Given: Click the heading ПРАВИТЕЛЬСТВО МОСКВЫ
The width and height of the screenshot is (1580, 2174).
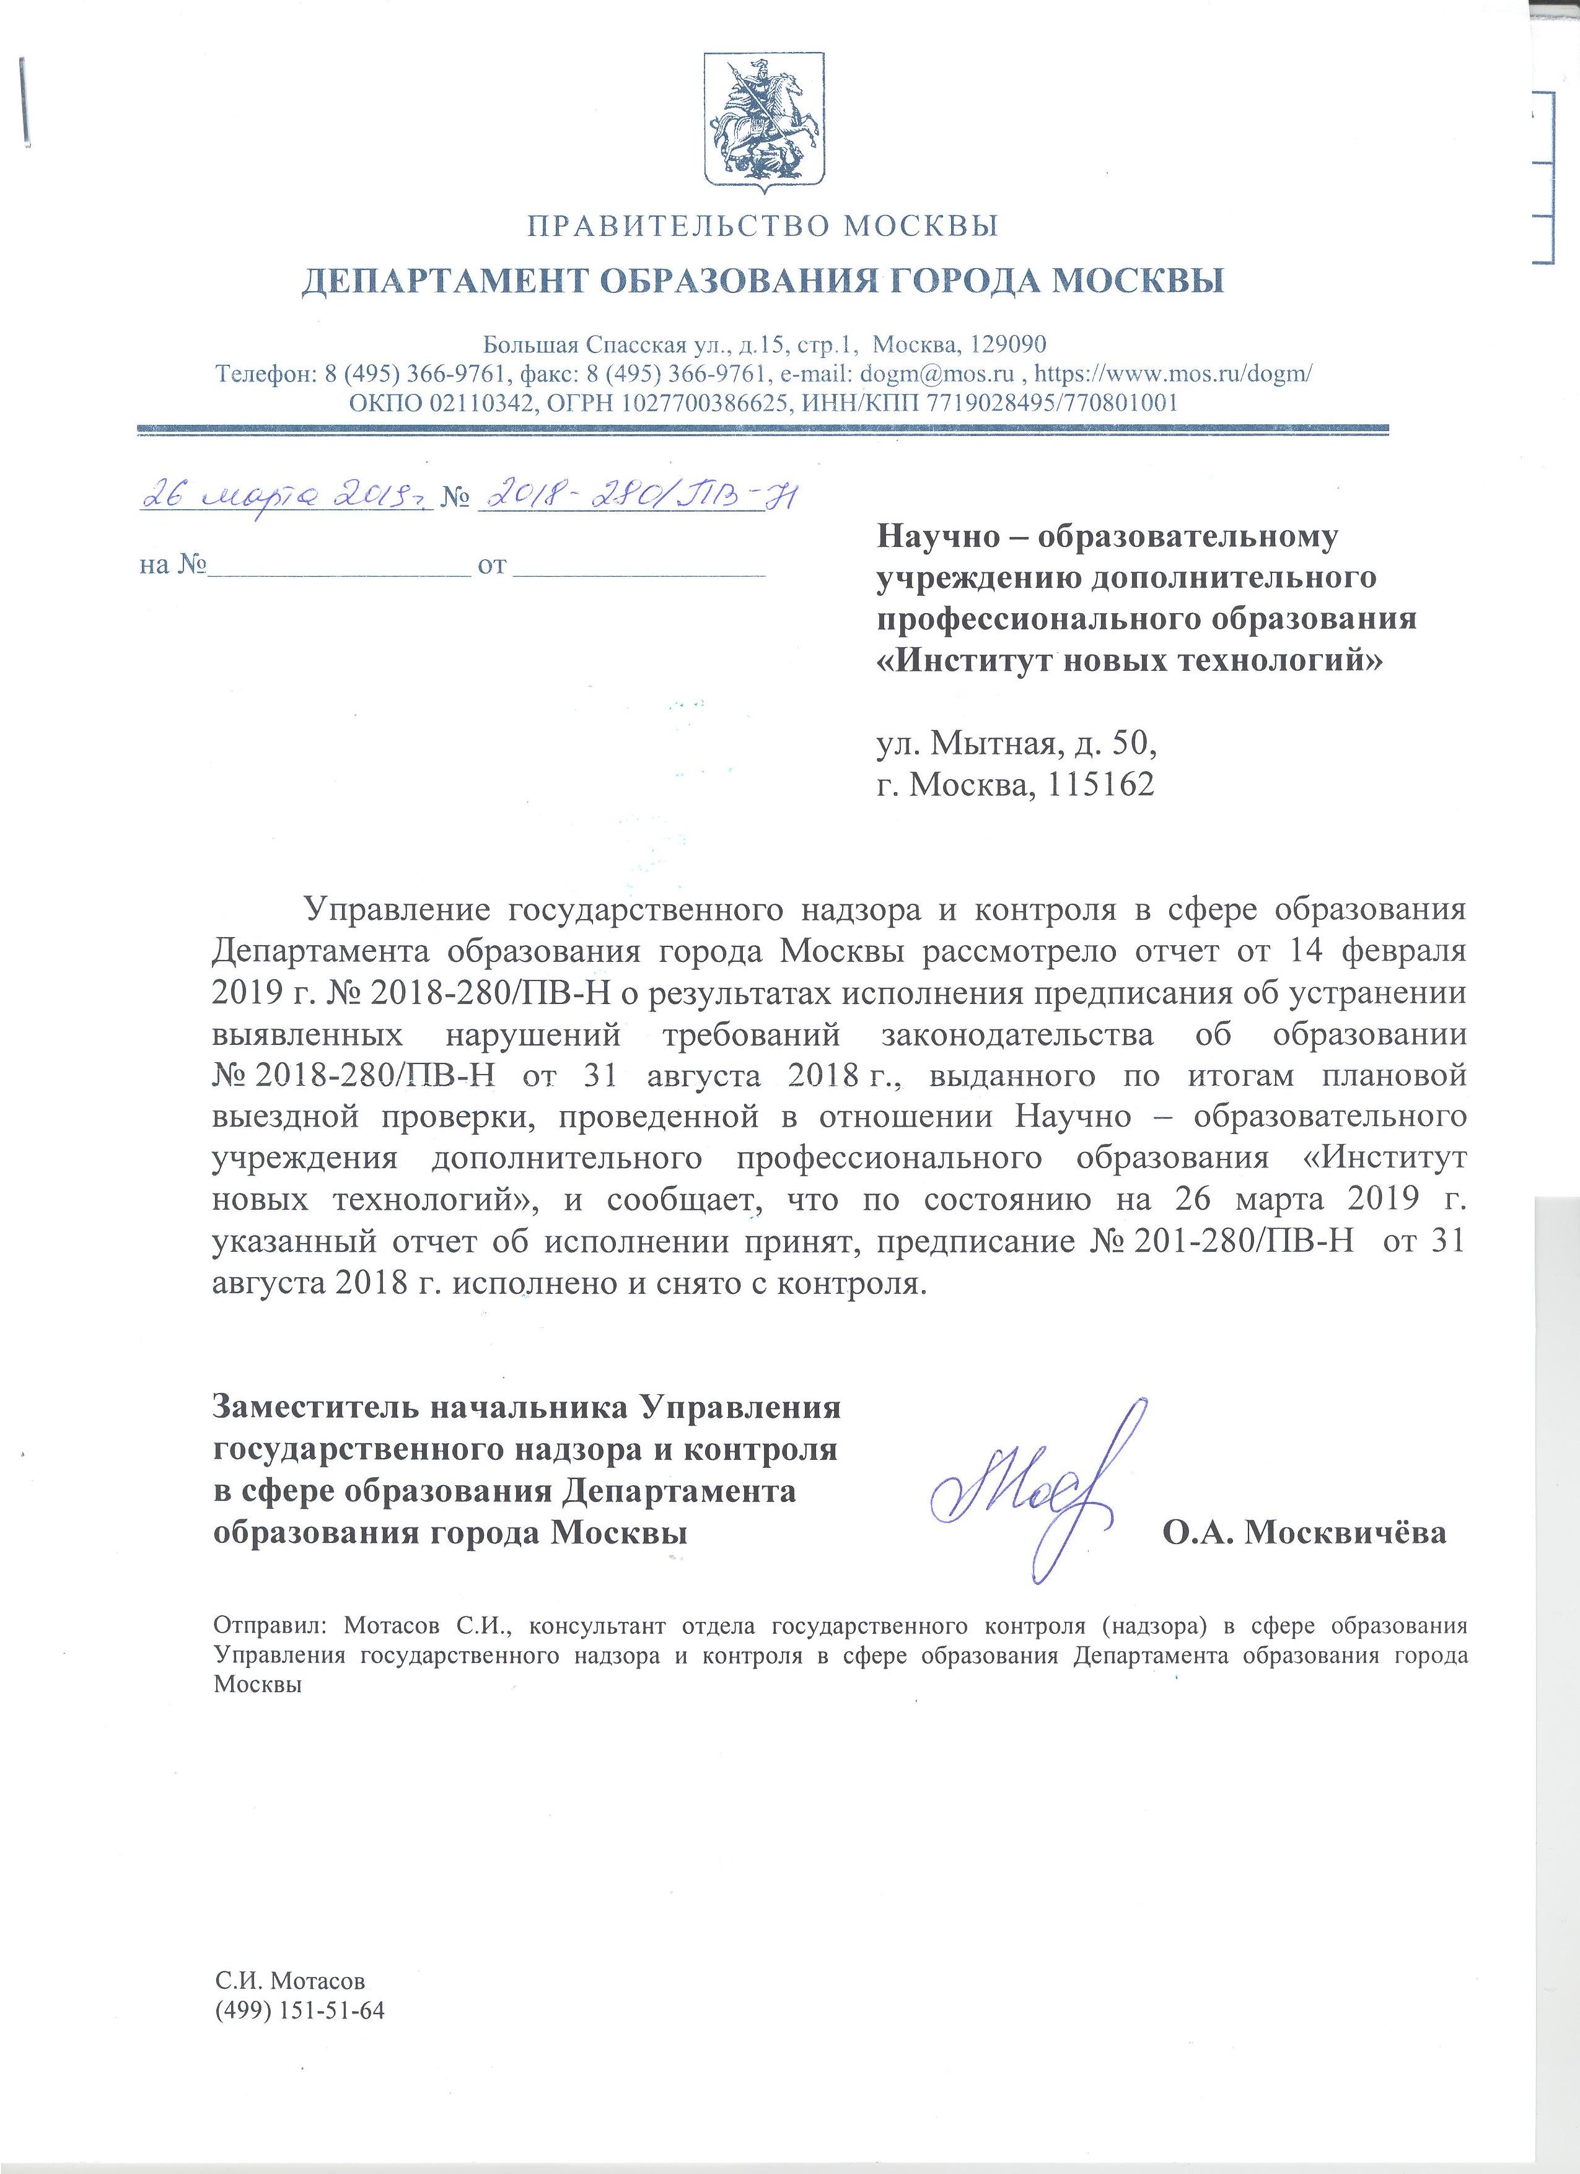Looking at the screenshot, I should tap(763, 226).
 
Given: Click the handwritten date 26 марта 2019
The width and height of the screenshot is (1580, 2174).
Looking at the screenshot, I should tap(284, 495).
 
